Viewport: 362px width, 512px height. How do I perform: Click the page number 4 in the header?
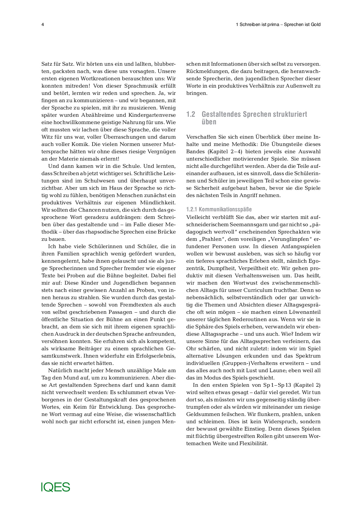pos(43,25)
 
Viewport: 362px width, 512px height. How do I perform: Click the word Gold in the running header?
pos(316,25)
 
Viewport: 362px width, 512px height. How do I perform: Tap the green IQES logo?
pos(55,487)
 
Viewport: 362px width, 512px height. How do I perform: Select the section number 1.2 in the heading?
pos(191,114)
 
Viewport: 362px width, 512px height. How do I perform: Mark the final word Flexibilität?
pos(253,443)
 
